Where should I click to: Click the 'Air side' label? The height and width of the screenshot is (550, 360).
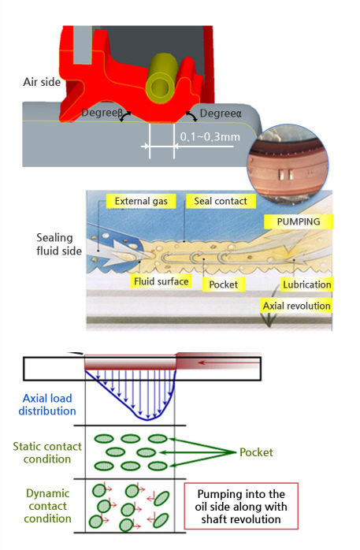click(x=42, y=82)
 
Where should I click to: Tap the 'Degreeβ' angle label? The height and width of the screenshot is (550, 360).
click(x=102, y=113)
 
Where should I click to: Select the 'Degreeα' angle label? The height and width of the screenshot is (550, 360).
click(x=221, y=113)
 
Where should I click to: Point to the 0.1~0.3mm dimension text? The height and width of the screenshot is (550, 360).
click(x=210, y=136)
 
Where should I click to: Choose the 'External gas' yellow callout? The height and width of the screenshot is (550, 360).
click(x=141, y=201)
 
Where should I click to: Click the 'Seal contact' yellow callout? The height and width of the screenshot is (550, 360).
click(x=221, y=201)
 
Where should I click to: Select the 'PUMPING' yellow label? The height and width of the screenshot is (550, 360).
click(x=299, y=221)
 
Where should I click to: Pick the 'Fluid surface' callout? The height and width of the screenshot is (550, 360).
click(x=161, y=281)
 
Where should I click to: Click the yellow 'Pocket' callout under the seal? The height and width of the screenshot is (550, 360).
click(x=223, y=284)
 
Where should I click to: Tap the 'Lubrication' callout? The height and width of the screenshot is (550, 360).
click(x=307, y=284)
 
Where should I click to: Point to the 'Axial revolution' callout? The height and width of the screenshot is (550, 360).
click(x=296, y=306)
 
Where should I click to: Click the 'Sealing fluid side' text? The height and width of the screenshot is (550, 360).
click(x=59, y=244)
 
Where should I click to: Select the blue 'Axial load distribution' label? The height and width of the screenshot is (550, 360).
click(x=47, y=404)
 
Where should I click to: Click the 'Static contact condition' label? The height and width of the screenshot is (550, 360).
click(x=47, y=452)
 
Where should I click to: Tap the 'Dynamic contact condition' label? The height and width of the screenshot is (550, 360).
click(x=48, y=506)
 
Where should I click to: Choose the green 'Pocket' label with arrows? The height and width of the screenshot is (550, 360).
click(x=256, y=452)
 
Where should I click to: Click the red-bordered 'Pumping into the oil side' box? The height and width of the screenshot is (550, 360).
click(x=241, y=506)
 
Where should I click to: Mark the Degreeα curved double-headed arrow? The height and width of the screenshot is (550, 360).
click(x=191, y=116)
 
